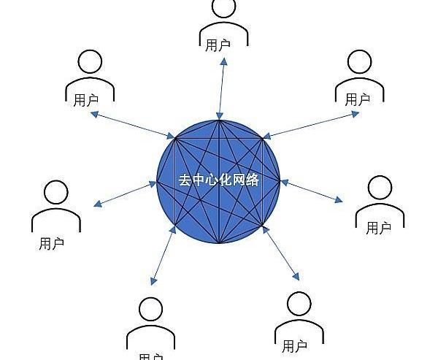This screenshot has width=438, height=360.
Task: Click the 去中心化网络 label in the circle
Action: pyautogui.click(x=219, y=180)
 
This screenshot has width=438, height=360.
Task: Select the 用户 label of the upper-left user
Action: pyautogui.click(x=86, y=100)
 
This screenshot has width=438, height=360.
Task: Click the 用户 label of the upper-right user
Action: pyautogui.click(x=358, y=99)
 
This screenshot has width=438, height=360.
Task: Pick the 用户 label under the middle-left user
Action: pyautogui.click(x=51, y=243)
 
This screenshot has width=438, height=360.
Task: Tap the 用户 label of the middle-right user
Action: pyautogui.click(x=379, y=228)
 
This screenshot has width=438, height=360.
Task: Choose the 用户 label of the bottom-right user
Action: pyautogui.click(x=294, y=346)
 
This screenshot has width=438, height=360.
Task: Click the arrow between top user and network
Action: pyautogui.click(x=221, y=88)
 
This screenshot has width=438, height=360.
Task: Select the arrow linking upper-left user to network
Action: pyautogui.click(x=133, y=125)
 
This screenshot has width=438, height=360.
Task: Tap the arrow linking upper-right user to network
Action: pyautogui.click(x=311, y=125)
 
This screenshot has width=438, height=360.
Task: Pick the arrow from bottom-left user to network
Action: pyautogui.click(x=163, y=255)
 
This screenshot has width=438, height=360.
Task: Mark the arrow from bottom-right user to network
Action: pyautogui.click(x=281, y=253)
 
